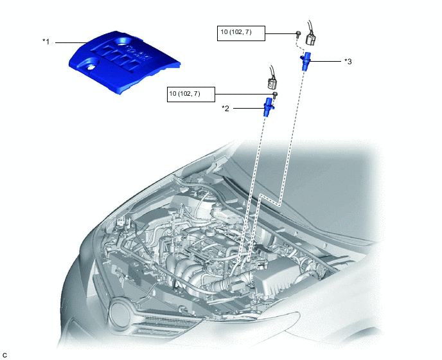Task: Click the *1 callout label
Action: (46, 42)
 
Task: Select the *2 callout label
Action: (225, 109)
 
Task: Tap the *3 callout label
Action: (348, 62)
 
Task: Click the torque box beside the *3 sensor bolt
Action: (241, 33)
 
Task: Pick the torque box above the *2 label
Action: (191, 94)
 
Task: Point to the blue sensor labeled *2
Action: (268, 107)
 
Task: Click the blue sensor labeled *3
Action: (306, 61)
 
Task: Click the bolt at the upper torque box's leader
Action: (298, 33)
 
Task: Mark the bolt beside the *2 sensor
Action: (276, 94)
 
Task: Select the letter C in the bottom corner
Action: (4, 355)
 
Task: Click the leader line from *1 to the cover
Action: (71, 42)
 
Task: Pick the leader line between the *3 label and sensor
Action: (326, 61)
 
